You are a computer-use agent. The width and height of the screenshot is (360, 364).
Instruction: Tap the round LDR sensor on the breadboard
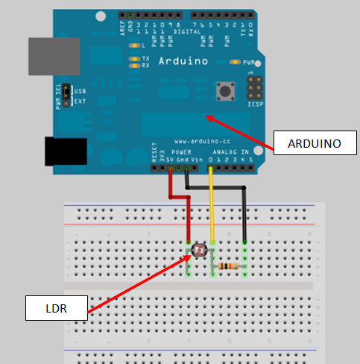click(198, 251)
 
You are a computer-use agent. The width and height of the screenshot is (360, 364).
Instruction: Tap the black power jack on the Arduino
click(66, 151)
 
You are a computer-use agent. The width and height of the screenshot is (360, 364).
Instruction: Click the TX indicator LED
click(134, 58)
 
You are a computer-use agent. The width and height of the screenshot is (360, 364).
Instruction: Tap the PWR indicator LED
click(235, 63)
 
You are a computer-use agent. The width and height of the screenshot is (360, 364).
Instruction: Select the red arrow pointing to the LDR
click(138, 283)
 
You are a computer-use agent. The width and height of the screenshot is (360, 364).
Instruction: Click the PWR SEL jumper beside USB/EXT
click(66, 94)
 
